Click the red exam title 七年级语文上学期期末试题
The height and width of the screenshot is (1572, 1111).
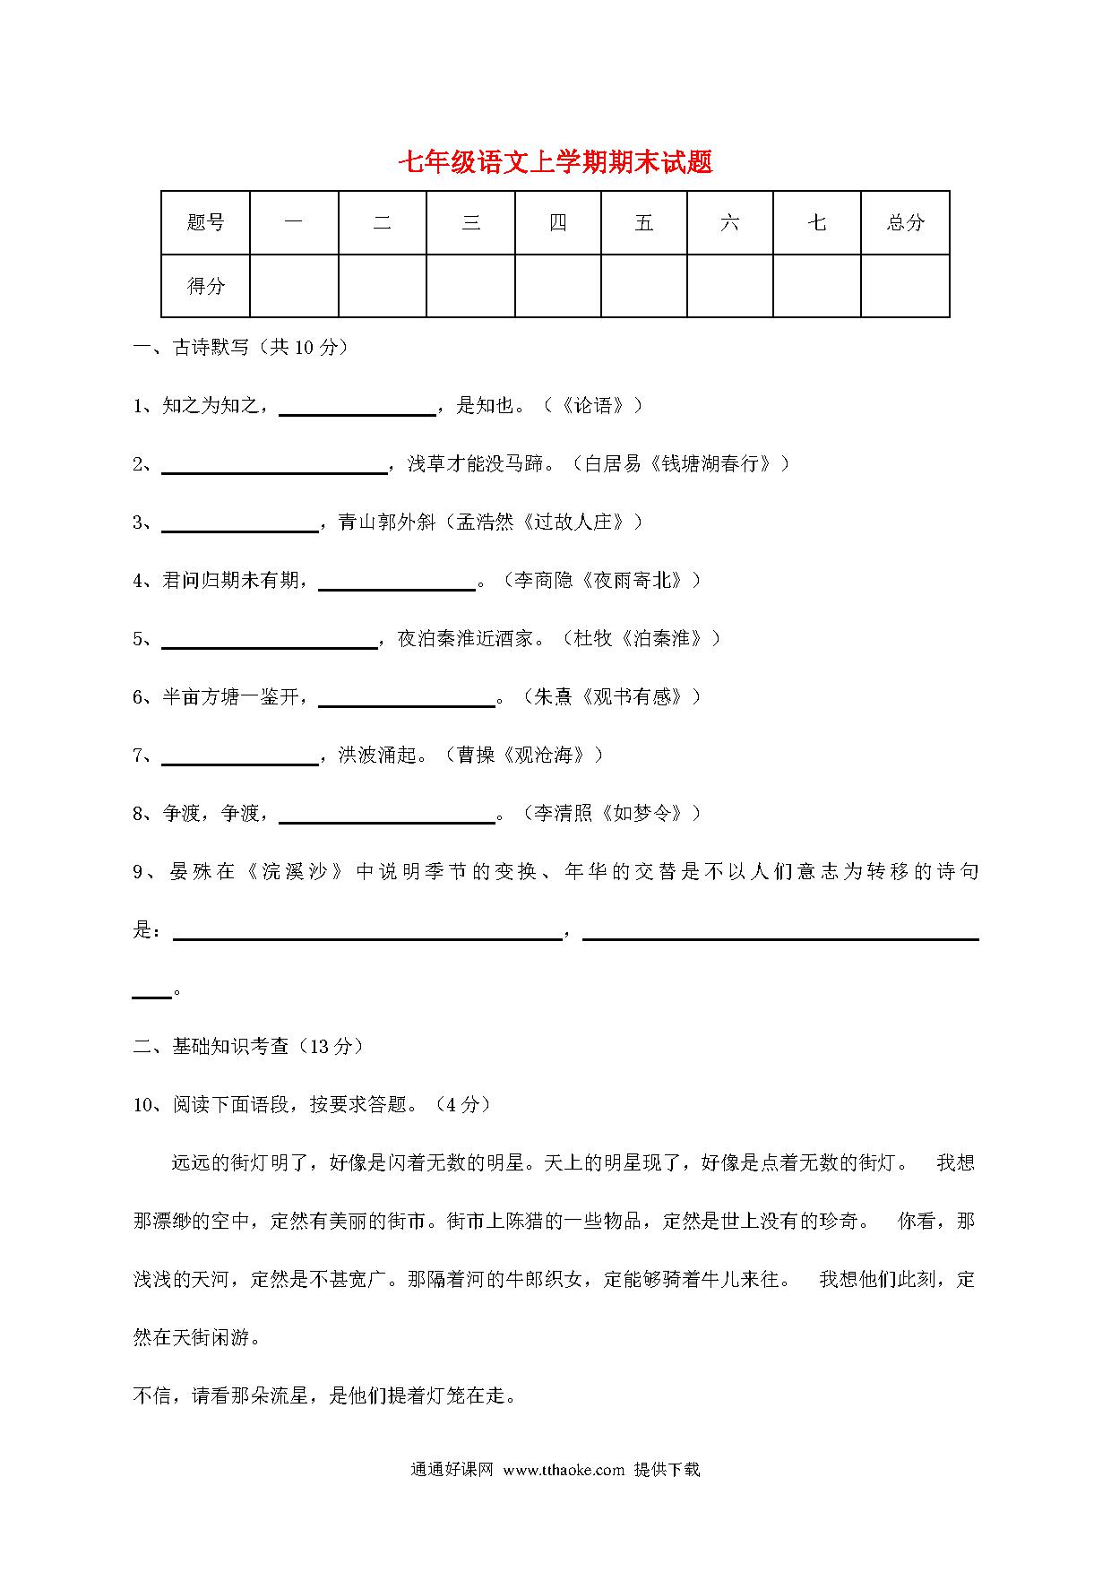555,162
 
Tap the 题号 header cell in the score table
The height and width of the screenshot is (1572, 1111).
205,222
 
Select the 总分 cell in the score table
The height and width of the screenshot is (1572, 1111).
905,222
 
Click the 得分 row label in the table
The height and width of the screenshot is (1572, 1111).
205,286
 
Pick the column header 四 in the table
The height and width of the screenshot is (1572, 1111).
557,222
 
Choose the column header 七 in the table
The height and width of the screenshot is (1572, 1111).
816,222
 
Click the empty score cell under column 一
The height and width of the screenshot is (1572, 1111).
294,286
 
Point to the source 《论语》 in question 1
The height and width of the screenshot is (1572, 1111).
592,406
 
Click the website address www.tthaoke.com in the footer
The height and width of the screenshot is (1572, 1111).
564,1470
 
